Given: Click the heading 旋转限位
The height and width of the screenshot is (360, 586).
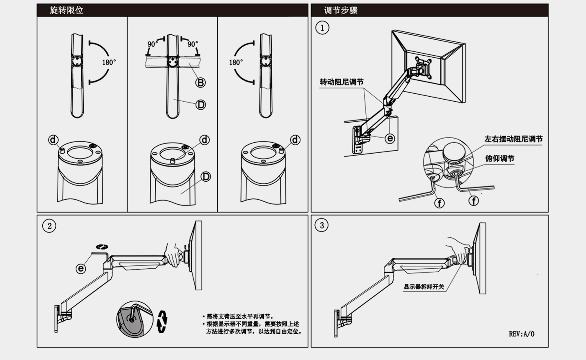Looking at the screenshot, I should point(66,10).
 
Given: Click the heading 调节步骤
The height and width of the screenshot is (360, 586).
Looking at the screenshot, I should point(341,10).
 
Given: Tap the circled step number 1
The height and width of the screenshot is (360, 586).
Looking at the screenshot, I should point(322,28).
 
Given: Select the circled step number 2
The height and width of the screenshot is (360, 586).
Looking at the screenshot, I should point(49,226).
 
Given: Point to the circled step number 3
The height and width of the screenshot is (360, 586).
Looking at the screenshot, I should point(321,226).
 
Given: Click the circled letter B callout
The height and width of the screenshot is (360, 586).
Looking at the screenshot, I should point(201,83).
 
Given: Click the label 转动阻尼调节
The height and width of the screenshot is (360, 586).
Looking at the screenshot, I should point(342,82).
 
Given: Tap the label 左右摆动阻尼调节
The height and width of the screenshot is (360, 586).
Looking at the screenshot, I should point(514,139).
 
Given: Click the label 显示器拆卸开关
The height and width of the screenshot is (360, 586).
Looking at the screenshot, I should point(424,287).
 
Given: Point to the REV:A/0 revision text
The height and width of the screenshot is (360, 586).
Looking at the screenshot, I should point(522,334).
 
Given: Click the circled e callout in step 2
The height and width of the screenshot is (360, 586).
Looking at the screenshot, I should point(81,268).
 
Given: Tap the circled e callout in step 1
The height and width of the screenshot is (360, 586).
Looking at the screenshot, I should point(390,138).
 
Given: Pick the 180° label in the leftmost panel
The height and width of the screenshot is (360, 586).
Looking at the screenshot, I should point(109,62).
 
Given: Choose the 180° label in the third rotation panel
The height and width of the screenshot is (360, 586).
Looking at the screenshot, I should point(236,62).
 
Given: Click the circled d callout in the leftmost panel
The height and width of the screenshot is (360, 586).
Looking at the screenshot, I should point(53,140).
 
